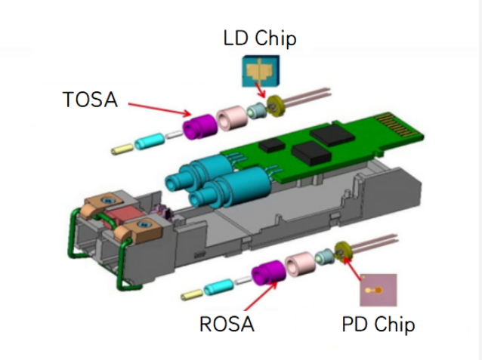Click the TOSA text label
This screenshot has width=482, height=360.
90,99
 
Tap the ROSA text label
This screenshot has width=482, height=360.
227,325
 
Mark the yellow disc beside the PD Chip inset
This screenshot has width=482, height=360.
346,251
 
